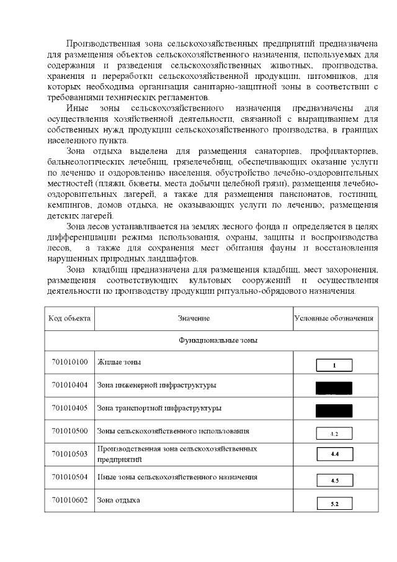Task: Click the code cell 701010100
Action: (x=69, y=362)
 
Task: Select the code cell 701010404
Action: (x=69, y=385)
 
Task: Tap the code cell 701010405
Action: (x=69, y=408)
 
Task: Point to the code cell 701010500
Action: (x=69, y=430)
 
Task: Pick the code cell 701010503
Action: (x=69, y=453)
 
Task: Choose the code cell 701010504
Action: (x=69, y=477)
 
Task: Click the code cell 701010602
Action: (x=69, y=501)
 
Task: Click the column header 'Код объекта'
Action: (x=69, y=319)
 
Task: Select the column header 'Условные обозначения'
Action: (x=334, y=319)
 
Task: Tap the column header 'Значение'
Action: (x=194, y=319)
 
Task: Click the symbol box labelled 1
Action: (x=334, y=365)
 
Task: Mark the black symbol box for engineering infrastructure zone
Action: (x=334, y=388)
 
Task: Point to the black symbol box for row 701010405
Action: (x=334, y=410)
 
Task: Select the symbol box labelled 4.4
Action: (x=334, y=455)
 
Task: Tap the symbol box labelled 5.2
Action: (x=334, y=503)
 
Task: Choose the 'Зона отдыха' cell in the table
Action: (x=118, y=501)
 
